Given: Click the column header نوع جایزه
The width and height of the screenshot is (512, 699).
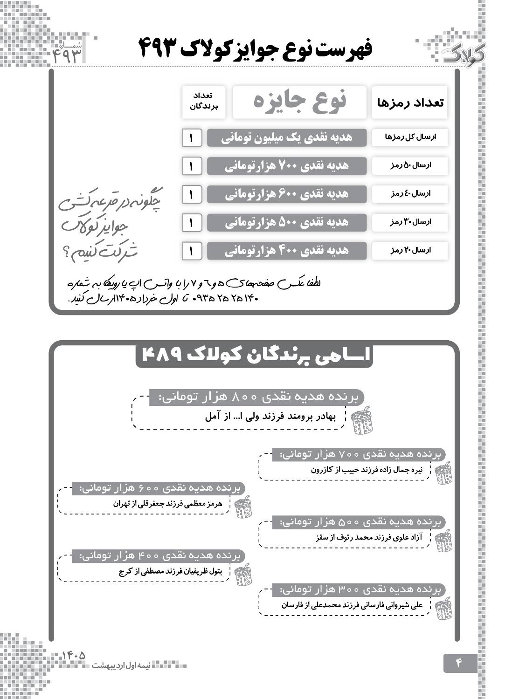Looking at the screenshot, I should click(299, 102).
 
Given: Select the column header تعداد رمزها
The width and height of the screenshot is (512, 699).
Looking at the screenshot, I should click(409, 103).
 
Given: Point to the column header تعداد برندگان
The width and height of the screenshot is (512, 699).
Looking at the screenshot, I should click(204, 102).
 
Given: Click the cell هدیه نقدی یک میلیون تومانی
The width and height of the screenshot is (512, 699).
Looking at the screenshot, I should click(287, 137).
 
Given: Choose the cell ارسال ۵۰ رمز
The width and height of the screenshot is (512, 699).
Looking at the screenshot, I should click(409, 165).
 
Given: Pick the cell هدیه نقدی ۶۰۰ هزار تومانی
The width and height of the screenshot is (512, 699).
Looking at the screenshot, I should click(287, 194).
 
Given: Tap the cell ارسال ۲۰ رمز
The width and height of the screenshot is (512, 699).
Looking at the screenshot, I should click(409, 250).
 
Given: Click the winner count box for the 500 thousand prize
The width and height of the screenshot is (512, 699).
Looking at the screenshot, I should click(191, 223).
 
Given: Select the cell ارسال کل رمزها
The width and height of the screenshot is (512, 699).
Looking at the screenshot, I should click(409, 137).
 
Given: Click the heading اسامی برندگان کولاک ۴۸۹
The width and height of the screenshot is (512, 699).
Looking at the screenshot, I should click(255, 355).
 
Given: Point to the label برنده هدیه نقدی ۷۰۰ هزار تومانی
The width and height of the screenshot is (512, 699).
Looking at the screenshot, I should click(359, 454).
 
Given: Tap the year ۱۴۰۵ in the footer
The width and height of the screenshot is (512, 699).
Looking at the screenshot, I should click(74, 655).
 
